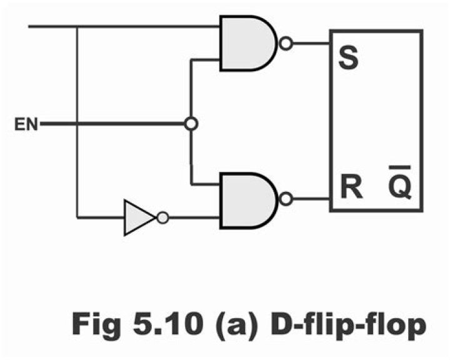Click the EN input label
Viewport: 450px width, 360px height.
point(26,124)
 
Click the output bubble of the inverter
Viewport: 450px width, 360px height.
point(162,217)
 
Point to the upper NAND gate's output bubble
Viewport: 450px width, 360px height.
point(286,44)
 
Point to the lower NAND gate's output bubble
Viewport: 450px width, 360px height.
point(286,199)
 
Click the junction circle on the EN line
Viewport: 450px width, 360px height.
point(192,124)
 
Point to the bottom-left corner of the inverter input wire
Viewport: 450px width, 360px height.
point(77,217)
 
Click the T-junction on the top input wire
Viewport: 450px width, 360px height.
point(77,27)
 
